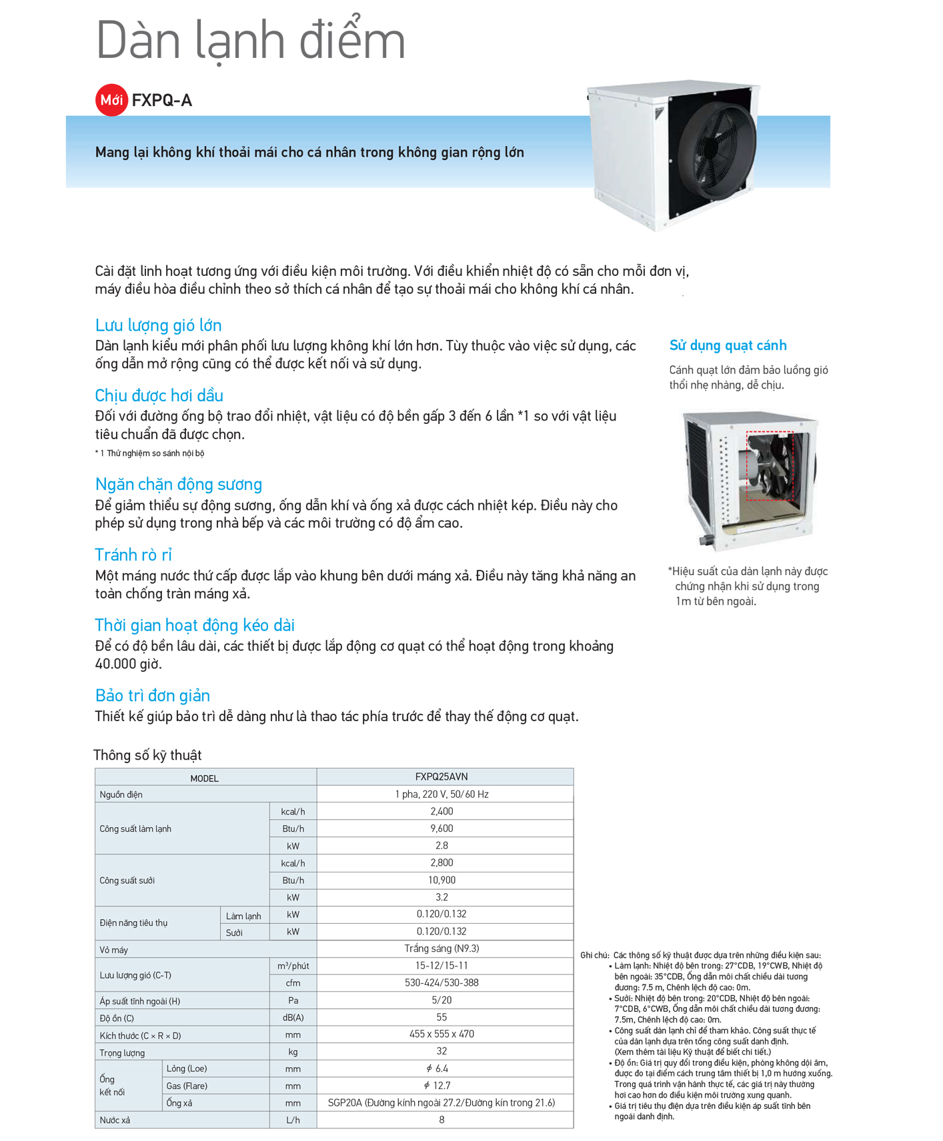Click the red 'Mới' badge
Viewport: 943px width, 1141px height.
click(x=111, y=100)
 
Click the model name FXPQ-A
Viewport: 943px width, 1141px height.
click(x=162, y=101)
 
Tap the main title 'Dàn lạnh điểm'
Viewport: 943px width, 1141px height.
click(x=251, y=41)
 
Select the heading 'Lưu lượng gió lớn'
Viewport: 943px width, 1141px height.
click(x=158, y=325)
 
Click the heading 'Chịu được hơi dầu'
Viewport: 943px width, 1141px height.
click(x=159, y=395)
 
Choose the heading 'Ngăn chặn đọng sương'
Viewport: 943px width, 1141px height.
click(x=179, y=484)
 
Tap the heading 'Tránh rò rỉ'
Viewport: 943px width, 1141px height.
click(x=133, y=555)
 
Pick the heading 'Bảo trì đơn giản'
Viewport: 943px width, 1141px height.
click(x=153, y=695)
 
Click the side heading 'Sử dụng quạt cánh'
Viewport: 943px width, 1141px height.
click(x=728, y=345)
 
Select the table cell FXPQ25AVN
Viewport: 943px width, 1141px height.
click(x=441, y=776)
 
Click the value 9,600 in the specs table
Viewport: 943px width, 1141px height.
click(x=441, y=828)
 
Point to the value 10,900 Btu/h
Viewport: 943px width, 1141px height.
click(x=441, y=880)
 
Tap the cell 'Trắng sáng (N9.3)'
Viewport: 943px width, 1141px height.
click(x=441, y=948)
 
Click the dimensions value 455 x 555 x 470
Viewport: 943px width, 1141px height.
click(x=441, y=1034)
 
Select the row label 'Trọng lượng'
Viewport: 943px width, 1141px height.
click(x=122, y=1052)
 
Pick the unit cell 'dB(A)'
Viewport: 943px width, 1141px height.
click(x=293, y=1018)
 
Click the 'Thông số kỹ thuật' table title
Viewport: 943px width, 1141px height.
click(x=147, y=755)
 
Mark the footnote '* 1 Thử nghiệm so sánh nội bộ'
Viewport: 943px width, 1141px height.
click(x=149, y=453)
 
